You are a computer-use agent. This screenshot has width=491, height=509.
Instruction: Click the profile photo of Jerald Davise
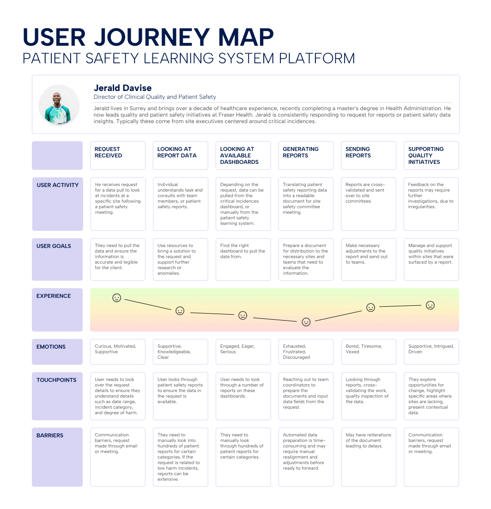tap(58, 104)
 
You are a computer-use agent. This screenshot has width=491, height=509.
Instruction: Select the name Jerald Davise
tap(122, 88)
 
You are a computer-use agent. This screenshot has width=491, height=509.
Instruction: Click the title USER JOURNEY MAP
tap(148, 37)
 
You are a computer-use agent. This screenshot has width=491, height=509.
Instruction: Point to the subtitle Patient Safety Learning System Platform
tap(189, 59)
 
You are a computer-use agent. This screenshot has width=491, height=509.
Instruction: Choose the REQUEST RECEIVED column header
tap(117, 155)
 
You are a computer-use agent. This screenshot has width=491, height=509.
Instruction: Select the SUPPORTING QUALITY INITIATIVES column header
tap(431, 155)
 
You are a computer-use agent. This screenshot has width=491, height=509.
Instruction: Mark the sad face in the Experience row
tap(306, 322)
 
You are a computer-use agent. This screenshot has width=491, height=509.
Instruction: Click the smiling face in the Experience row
tap(117, 298)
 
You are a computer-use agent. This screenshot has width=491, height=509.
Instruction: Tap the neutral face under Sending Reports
tap(370, 307)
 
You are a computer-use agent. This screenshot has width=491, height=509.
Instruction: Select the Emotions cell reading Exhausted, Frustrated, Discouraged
tap(306, 351)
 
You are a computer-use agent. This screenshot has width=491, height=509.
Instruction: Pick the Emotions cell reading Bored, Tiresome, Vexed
tap(368, 351)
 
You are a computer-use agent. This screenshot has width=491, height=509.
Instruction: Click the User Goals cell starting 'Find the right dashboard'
tap(243, 259)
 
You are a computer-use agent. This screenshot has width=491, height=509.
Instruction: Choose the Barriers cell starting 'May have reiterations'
tap(368, 457)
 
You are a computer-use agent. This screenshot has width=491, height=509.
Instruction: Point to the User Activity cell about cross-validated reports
tap(368, 204)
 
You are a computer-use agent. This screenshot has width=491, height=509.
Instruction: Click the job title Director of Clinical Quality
tap(155, 97)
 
